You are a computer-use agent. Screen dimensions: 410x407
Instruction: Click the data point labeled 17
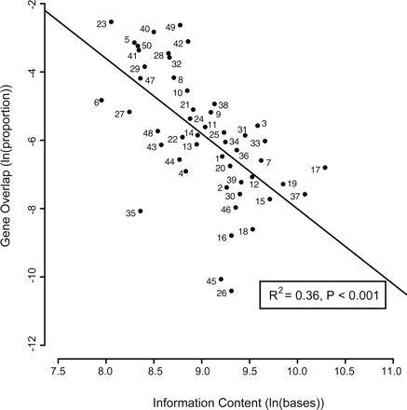coord(325,168)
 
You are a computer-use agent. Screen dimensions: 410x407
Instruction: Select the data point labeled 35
coord(141,212)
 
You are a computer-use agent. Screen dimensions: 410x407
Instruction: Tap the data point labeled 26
coord(231,291)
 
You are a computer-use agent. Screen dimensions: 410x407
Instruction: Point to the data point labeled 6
coord(102,100)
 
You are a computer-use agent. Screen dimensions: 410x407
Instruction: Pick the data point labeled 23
coord(111,21)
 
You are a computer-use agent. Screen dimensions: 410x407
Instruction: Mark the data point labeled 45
coord(221,279)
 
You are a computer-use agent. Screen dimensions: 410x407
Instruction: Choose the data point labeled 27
coord(129,112)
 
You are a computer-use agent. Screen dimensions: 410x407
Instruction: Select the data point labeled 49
coord(180,25)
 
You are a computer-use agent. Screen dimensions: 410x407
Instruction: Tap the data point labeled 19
coord(283,184)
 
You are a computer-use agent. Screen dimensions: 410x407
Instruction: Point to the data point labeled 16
coord(231,236)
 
